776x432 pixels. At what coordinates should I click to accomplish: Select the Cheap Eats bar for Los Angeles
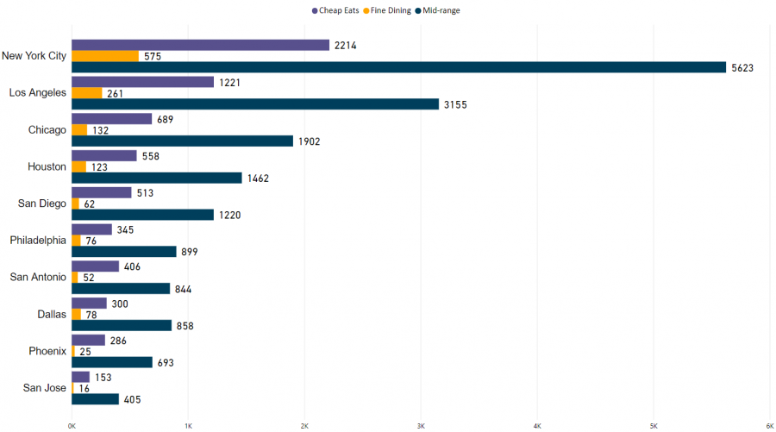point(142,82)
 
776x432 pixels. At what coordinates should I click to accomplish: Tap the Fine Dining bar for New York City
point(105,56)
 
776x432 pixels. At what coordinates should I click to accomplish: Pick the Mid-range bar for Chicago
point(182,141)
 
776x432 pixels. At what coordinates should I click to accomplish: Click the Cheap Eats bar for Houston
point(104,155)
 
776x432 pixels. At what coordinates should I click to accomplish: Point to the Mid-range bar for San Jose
point(95,399)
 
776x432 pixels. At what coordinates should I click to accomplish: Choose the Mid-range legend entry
point(441,10)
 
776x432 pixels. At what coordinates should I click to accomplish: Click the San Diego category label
point(38,203)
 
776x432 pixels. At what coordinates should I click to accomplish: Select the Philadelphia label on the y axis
point(38,241)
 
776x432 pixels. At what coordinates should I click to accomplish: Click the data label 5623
point(742,67)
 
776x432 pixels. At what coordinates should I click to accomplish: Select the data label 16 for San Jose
point(85,389)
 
